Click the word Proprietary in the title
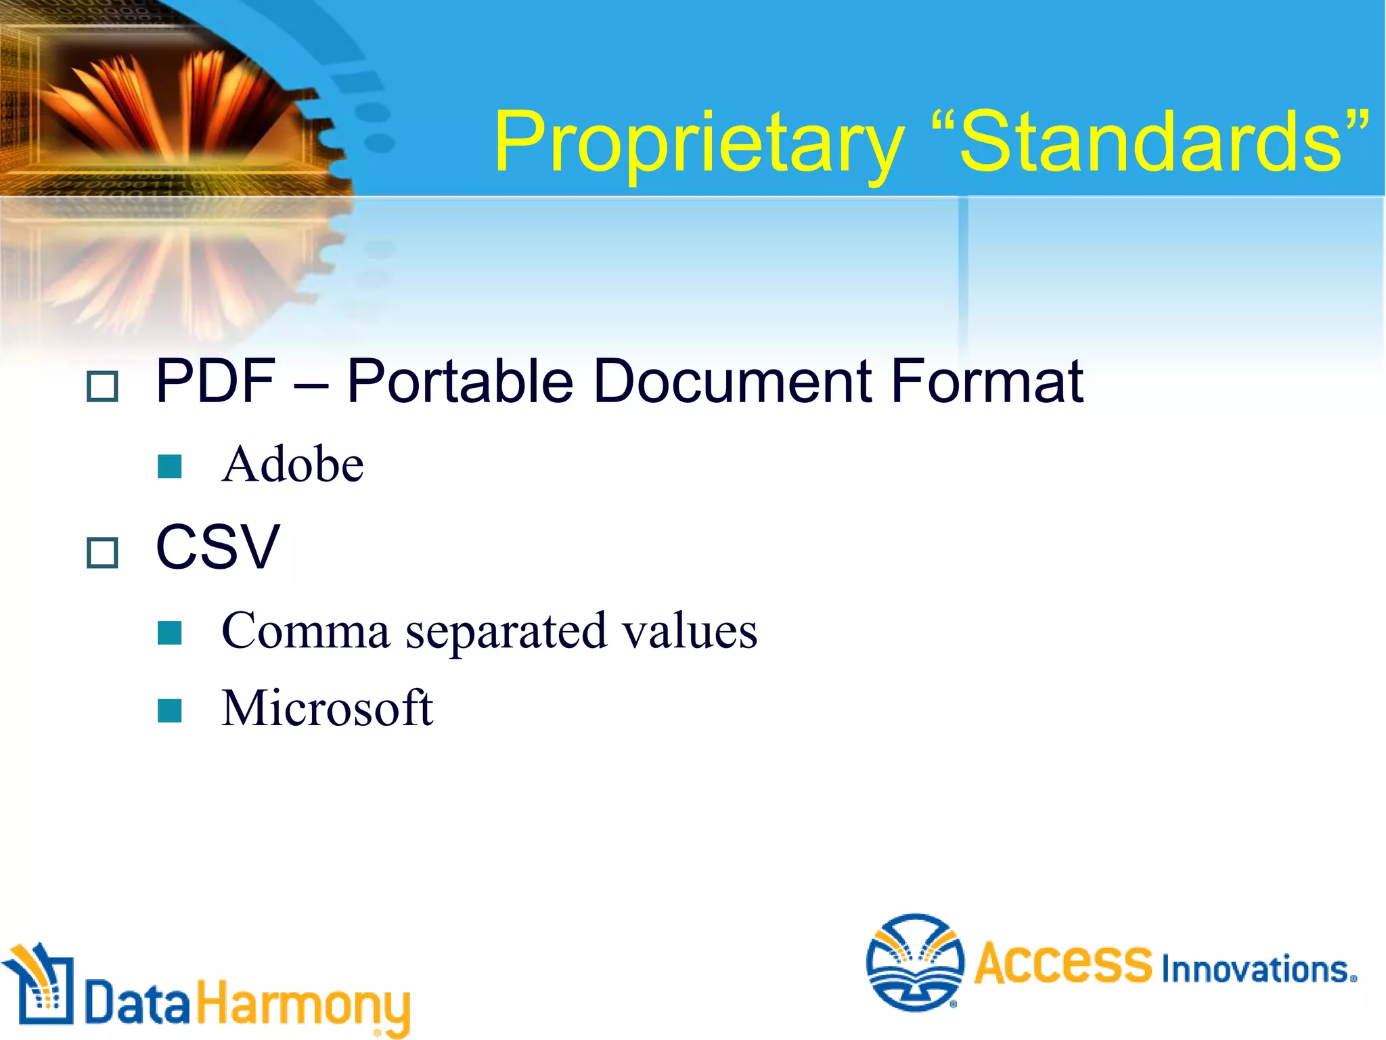coord(698,144)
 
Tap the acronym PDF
coord(215,381)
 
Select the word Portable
coord(460,381)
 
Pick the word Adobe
coord(292,464)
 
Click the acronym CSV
coord(217,547)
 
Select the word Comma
coord(306,631)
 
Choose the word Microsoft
coord(327,708)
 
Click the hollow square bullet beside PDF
coord(103,387)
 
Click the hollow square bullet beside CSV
coord(103,552)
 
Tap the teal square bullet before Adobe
coord(169,467)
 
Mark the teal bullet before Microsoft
coord(169,710)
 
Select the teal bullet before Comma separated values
coord(169,633)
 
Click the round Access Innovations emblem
coord(915,962)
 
